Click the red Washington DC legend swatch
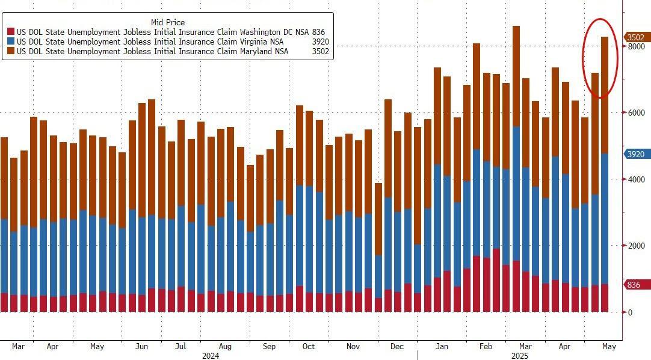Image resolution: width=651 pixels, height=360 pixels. pos(11,32)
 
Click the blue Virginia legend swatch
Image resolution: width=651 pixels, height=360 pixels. pos(11,42)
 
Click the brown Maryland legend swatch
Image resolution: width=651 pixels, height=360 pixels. pos(11,51)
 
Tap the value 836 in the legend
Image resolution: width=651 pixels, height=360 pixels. pos(318,32)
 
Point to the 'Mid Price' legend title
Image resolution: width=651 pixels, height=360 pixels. pos(167,22)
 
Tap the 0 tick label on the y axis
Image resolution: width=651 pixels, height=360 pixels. pos(630,312)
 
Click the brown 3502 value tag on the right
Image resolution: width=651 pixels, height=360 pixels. pos(636,37)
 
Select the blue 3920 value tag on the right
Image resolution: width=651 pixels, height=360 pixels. pos(636,154)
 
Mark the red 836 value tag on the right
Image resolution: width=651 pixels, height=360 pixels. pos(634,285)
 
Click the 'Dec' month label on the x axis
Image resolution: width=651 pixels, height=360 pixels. pos(397,347)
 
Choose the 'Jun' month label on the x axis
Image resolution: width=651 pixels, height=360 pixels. pos(142,347)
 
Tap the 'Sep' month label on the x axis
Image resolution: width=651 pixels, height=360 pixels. pos(269,347)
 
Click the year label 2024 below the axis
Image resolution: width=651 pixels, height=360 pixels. pos(209,356)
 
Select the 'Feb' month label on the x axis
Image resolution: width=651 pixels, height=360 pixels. pos(486,347)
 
